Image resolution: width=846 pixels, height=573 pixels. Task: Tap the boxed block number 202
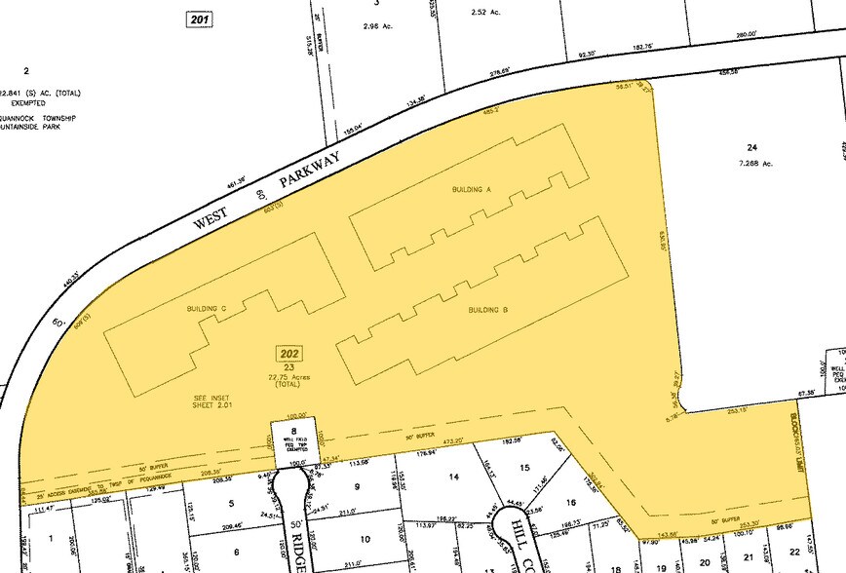[x=289, y=353]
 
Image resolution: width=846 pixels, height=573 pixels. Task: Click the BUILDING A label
[x=471, y=189]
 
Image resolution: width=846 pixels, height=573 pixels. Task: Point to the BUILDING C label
[x=206, y=309]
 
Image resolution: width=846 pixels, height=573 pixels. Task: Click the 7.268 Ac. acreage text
[x=752, y=164]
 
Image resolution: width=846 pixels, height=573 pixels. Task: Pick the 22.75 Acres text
[x=288, y=378]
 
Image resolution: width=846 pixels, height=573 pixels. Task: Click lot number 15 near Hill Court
[x=524, y=468]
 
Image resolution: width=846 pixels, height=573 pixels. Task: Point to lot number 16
[x=570, y=503]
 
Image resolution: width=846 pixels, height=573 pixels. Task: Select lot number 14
[x=452, y=477]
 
